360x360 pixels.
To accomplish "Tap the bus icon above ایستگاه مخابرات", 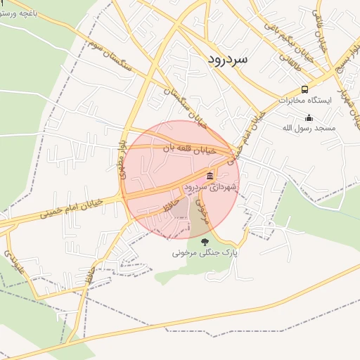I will (304, 89).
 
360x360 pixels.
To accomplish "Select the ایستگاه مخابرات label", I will (304, 101).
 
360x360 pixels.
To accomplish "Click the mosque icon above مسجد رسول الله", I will (309, 117).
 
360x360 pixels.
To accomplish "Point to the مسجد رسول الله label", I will (309, 128).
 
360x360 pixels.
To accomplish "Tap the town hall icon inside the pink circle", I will (210, 176).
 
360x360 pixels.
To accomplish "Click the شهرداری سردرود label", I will (211, 188).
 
